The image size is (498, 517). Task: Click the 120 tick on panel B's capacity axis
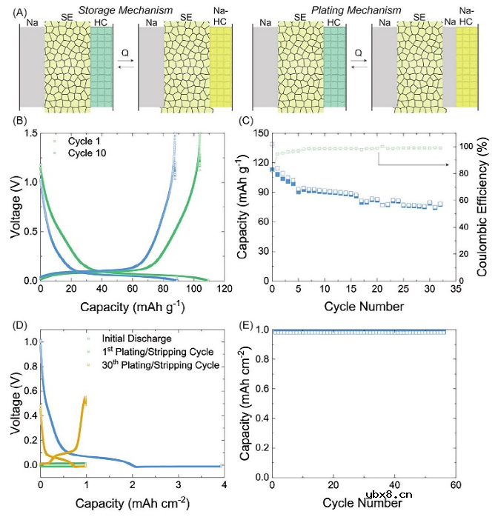[219, 287]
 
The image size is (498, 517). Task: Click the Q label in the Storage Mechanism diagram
[126, 53]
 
